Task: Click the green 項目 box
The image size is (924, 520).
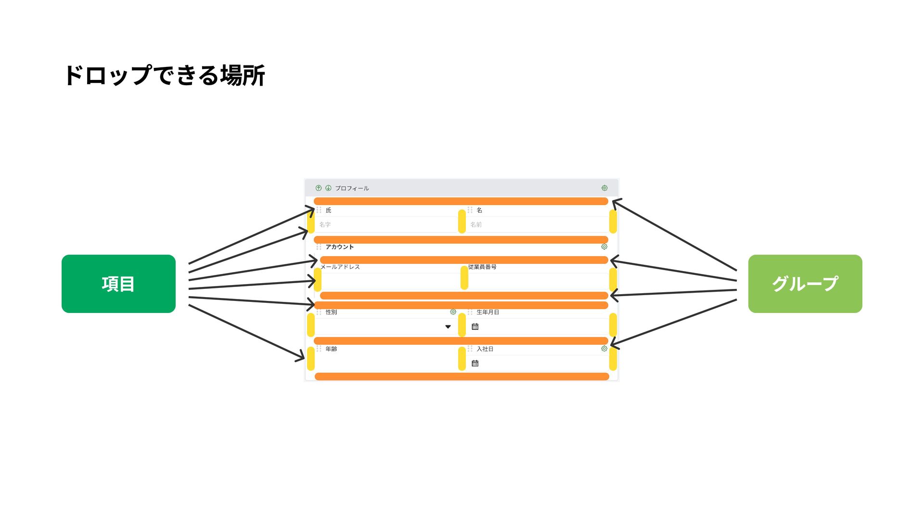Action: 118,284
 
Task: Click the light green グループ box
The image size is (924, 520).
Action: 805,284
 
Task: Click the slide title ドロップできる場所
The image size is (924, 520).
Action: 164,76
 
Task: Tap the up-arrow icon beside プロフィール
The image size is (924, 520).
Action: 319,188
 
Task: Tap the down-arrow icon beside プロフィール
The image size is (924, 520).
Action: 328,188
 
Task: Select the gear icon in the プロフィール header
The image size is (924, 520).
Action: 604,188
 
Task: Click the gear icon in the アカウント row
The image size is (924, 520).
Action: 604,247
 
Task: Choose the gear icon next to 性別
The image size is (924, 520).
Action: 453,312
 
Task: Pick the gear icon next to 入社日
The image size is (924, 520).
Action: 604,348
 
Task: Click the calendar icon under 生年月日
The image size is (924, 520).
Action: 475,326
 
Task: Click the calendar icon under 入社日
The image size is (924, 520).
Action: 475,363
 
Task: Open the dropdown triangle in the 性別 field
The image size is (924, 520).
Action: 448,327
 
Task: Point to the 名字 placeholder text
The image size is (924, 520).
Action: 325,225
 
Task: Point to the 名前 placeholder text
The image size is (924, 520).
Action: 476,225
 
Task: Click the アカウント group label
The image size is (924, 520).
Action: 339,247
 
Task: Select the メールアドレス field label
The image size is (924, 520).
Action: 340,267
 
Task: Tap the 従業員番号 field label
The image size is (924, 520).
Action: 482,267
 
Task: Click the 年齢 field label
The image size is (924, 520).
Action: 331,349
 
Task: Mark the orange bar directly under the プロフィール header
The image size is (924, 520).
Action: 461,201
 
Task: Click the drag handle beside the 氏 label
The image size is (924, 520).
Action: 319,210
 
